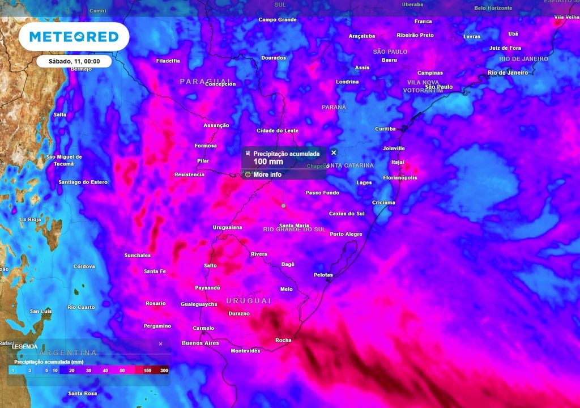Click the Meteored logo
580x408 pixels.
pyautogui.click(x=74, y=37)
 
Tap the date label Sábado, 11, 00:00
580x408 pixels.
pyautogui.click(x=74, y=61)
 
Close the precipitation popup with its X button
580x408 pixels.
pyautogui.click(x=334, y=152)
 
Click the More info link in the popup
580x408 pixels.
pyautogui.click(x=267, y=175)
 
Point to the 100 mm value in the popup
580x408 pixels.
pyautogui.click(x=268, y=161)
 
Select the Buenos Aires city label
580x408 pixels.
pyautogui.click(x=200, y=343)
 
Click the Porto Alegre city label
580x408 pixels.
pyautogui.click(x=346, y=234)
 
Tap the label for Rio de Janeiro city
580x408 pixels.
pyautogui.click(x=507, y=73)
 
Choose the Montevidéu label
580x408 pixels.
pyautogui.click(x=245, y=351)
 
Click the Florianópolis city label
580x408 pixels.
pyautogui.click(x=400, y=177)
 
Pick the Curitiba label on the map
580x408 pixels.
pyautogui.click(x=385, y=129)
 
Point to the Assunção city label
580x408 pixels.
pyautogui.click(x=216, y=125)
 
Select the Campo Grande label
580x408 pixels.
pyautogui.click(x=278, y=20)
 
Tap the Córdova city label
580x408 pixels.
pyautogui.click(x=84, y=266)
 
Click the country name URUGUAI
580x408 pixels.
pyautogui.click(x=248, y=300)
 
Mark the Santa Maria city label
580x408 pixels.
pyautogui.click(x=294, y=226)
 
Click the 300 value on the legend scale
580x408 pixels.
pyautogui.click(x=164, y=370)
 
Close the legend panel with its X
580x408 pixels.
pyautogui.click(x=160, y=344)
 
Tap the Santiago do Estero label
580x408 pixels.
pyautogui.click(x=83, y=182)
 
